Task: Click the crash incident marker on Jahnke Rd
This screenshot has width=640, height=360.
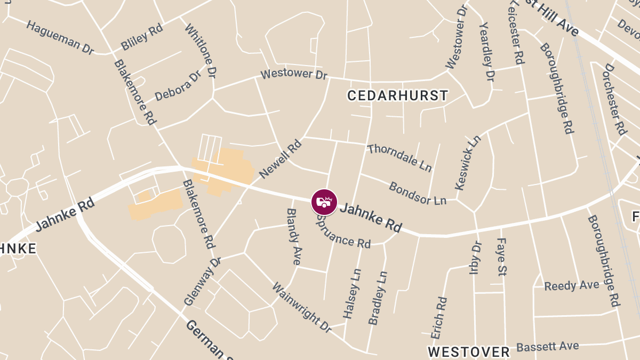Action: coord(324,202)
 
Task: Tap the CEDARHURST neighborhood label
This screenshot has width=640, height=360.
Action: coord(397,95)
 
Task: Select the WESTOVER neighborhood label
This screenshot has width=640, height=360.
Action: coord(469,352)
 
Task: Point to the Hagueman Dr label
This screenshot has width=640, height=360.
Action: coord(60,37)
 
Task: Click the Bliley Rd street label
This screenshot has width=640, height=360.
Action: coord(141,37)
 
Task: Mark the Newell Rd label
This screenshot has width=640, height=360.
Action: coord(281,159)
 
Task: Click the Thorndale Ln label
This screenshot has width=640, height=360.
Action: coord(399,157)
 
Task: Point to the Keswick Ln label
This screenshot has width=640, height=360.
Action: coord(468,163)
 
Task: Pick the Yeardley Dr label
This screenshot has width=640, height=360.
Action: coord(487,52)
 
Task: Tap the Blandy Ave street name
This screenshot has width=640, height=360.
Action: coord(294,236)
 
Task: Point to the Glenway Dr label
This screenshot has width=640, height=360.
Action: coord(202,282)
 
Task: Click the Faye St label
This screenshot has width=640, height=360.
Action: coord(501,257)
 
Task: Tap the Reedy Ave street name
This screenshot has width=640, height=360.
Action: coord(572,285)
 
